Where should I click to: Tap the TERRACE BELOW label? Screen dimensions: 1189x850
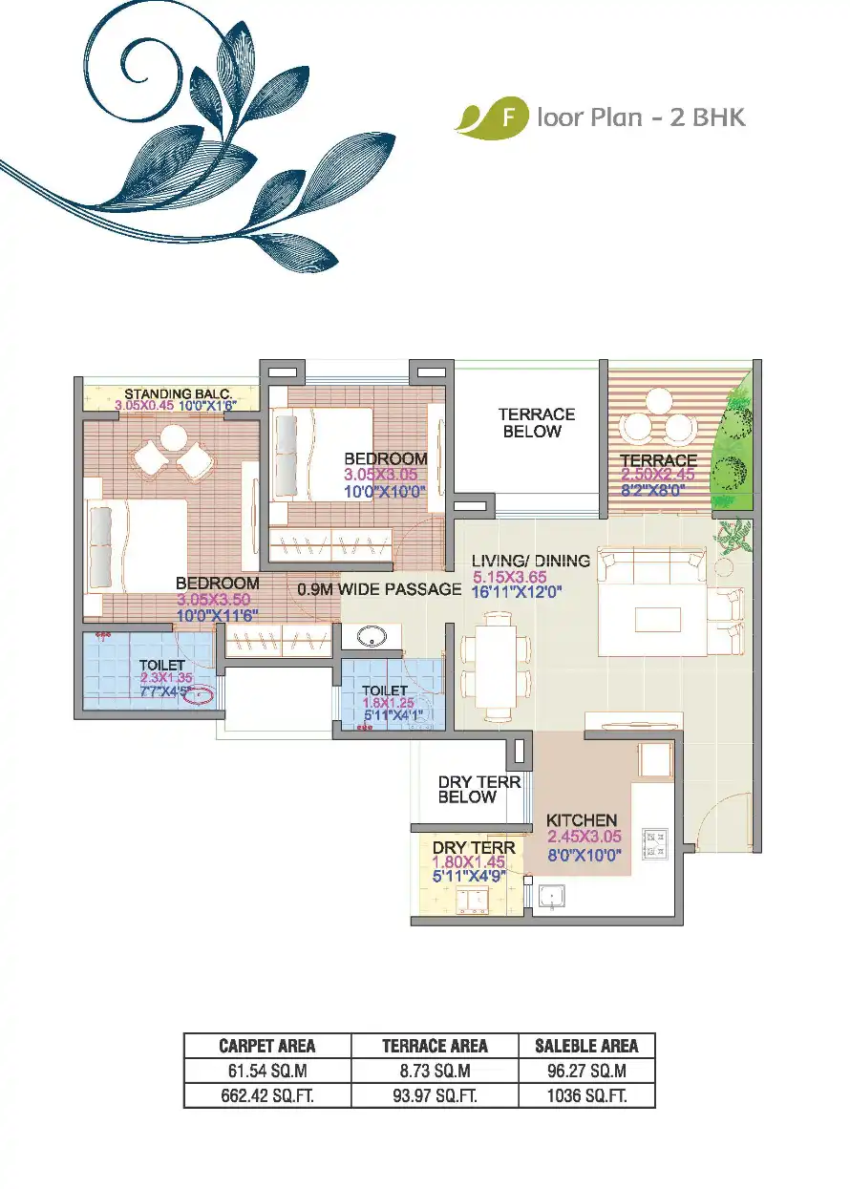click(x=536, y=423)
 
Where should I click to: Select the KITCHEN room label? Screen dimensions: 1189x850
click(x=581, y=820)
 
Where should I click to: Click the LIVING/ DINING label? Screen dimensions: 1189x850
click(x=530, y=561)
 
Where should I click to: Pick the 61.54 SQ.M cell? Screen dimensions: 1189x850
click(x=266, y=1071)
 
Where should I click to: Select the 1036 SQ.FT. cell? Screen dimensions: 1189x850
click(x=586, y=1095)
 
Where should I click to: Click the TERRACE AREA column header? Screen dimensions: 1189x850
click(x=435, y=1046)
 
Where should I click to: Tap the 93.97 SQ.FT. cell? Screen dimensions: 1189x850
click(x=435, y=1095)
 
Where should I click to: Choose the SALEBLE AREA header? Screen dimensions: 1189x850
click(x=586, y=1046)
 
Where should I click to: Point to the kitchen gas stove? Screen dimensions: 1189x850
click(x=657, y=843)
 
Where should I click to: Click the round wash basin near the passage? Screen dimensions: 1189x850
click(x=363, y=638)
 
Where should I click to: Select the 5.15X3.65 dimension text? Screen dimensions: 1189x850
click(x=516, y=577)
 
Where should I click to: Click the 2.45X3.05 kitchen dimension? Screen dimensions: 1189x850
click(x=584, y=838)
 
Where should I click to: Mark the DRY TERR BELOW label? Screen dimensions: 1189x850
click(x=479, y=789)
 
